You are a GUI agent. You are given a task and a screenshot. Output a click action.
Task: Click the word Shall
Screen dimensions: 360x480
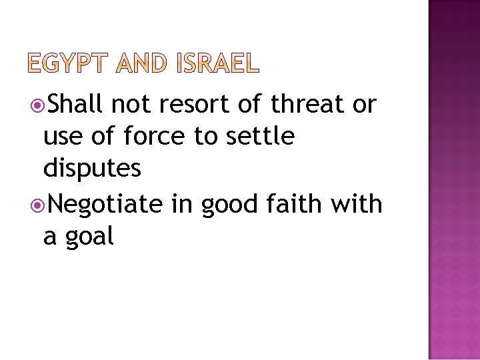coord(74,104)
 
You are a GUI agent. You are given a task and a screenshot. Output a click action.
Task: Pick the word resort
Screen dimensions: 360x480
coord(193,105)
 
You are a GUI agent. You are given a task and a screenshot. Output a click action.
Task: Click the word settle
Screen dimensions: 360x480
coord(261,137)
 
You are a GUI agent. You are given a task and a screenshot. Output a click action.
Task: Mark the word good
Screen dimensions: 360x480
coord(229,203)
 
